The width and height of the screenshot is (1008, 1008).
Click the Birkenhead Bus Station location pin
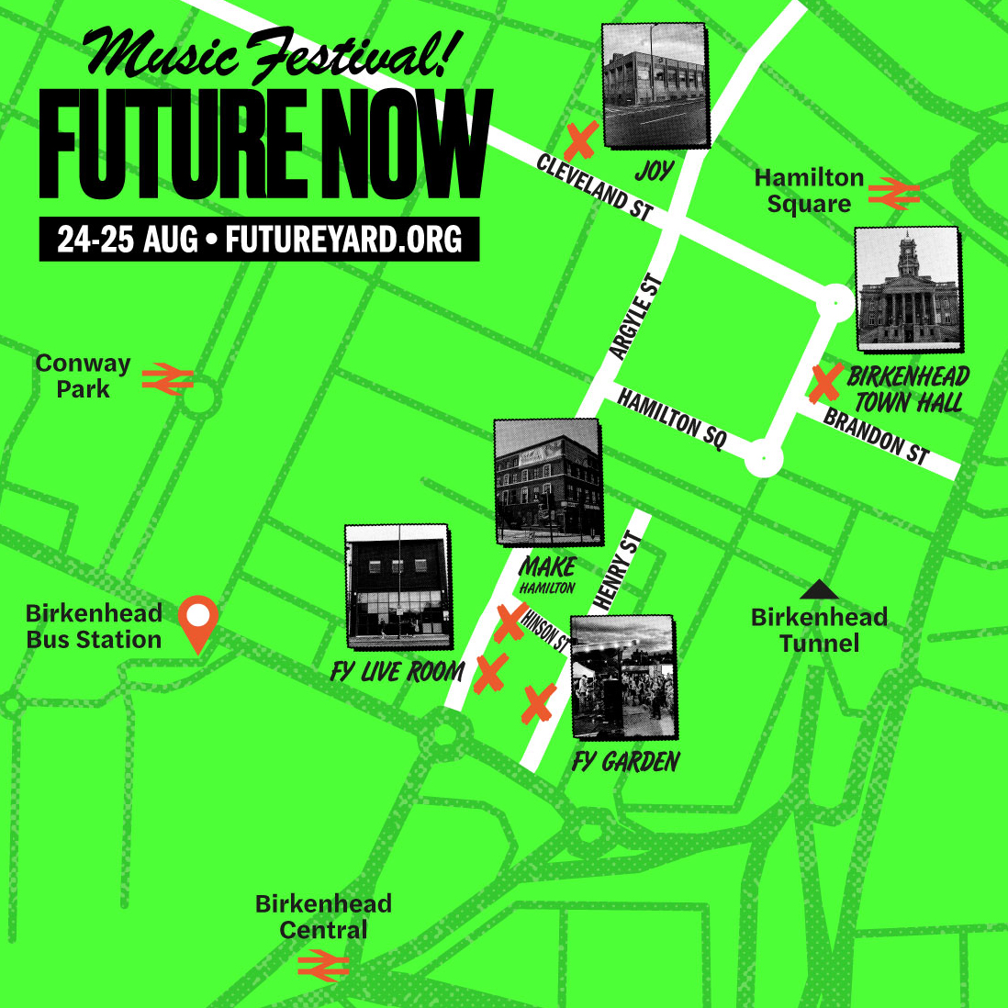coord(198,621)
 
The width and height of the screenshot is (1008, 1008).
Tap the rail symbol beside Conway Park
coord(167,378)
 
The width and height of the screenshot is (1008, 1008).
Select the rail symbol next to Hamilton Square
coord(893,193)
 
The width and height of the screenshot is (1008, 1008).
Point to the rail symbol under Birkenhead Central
coord(323,965)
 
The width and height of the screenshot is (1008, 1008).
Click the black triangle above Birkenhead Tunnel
coord(820,590)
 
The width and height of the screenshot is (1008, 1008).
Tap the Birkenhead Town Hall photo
coord(908,290)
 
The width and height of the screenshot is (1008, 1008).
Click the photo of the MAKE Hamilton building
coord(547,483)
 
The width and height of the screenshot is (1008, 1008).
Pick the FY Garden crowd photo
coord(623,678)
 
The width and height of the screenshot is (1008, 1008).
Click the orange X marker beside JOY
coord(580,140)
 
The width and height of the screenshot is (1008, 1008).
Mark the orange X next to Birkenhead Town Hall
coord(825,383)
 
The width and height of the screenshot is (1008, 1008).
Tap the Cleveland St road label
coord(594,187)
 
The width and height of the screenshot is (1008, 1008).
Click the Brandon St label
coord(877,436)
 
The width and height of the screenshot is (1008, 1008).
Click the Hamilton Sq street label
coord(672,419)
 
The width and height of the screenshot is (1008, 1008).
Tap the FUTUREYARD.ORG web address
coord(343,240)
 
